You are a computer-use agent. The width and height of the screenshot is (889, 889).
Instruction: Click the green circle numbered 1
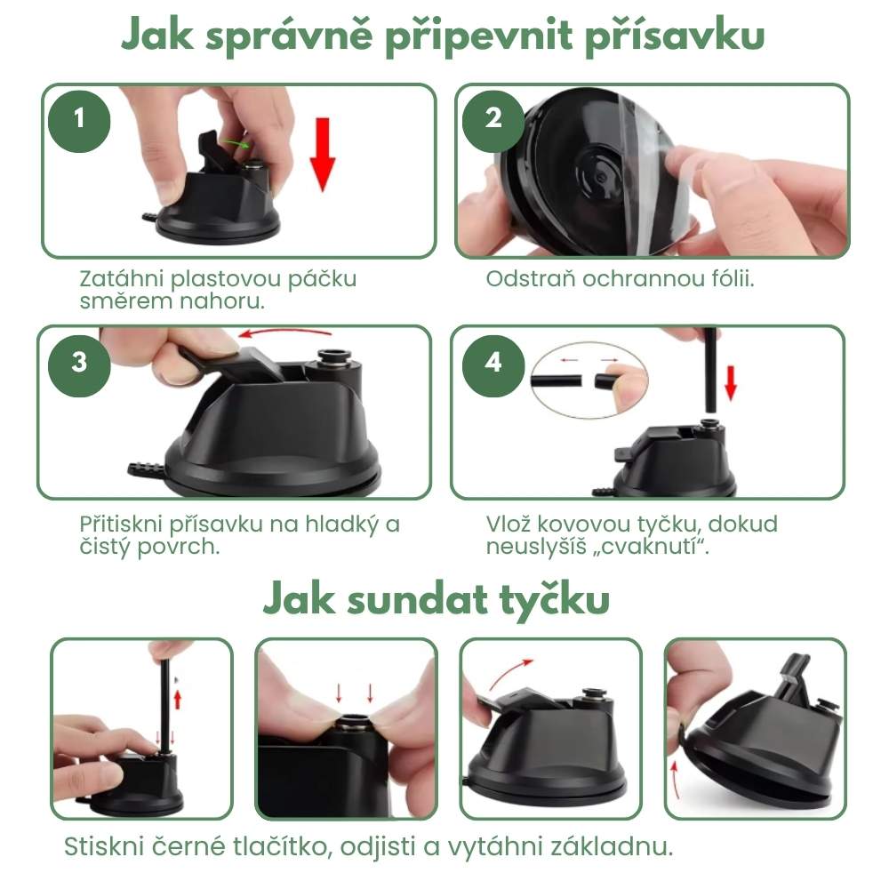tap(81, 117)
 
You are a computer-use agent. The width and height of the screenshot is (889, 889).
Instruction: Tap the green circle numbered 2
tap(494, 117)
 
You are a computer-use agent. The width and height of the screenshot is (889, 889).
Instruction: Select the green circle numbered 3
tap(79, 363)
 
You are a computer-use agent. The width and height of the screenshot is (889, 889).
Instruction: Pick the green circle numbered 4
tap(494, 363)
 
